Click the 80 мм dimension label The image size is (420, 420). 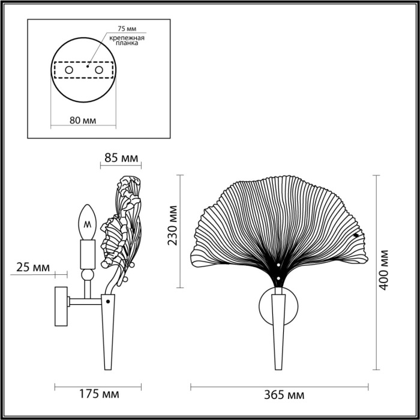(x=83, y=119)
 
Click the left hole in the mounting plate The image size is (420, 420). (x=68, y=71)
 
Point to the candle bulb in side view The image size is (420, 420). (x=88, y=223)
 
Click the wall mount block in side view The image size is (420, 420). (x=61, y=307)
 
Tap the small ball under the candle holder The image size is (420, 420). (x=88, y=275)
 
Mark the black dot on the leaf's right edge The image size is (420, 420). (x=358, y=236)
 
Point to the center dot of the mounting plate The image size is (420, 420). (x=88, y=67)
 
